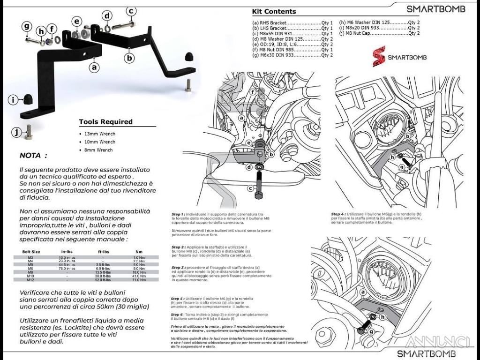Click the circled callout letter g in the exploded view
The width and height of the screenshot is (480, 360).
(27, 27)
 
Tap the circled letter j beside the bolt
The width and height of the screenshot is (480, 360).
(17, 133)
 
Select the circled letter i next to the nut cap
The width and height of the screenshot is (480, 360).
(14, 99)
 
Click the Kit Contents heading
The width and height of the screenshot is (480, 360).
(274, 11)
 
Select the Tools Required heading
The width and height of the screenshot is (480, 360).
(105, 122)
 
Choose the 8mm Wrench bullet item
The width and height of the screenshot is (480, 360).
(99, 150)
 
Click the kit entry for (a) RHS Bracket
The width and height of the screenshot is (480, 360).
(292, 22)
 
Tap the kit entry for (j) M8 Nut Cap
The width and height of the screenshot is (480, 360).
(379, 33)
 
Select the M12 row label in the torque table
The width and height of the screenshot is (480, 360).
(31, 279)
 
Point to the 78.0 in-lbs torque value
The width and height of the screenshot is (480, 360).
(67, 269)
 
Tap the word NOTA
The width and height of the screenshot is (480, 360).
(33, 156)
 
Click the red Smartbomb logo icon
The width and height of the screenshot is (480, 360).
(379, 56)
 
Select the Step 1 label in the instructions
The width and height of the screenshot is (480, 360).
(179, 214)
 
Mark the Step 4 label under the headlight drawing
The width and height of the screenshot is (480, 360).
(338, 214)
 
